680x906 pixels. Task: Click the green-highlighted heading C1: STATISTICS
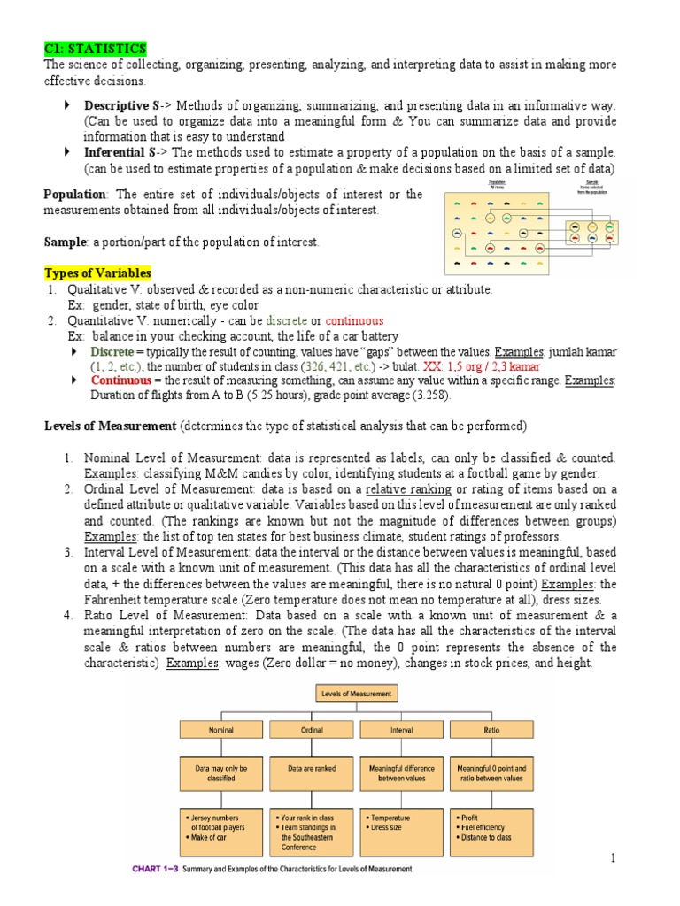coord(96,48)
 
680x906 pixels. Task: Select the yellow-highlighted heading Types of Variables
coord(97,273)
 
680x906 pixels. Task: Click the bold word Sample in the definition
coord(62,242)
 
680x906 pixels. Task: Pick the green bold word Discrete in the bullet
coord(111,352)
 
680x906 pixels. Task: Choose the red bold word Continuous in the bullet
coord(120,380)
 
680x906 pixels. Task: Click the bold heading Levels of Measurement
coord(111,426)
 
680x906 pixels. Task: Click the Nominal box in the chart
coord(220,730)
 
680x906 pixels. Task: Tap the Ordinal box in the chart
coord(311,730)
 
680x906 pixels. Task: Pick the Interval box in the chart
coord(401,730)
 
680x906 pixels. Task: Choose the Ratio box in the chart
coord(491,730)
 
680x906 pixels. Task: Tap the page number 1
coord(612,858)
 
